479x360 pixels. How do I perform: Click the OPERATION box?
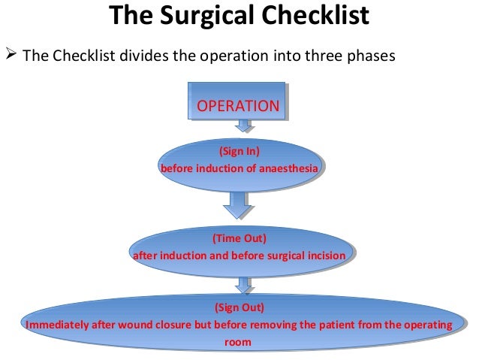[237, 106]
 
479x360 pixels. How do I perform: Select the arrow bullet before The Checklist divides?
[11, 56]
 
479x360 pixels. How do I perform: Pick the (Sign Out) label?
[239, 308]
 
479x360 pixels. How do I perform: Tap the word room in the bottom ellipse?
[238, 343]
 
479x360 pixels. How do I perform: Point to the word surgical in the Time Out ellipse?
[285, 256]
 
